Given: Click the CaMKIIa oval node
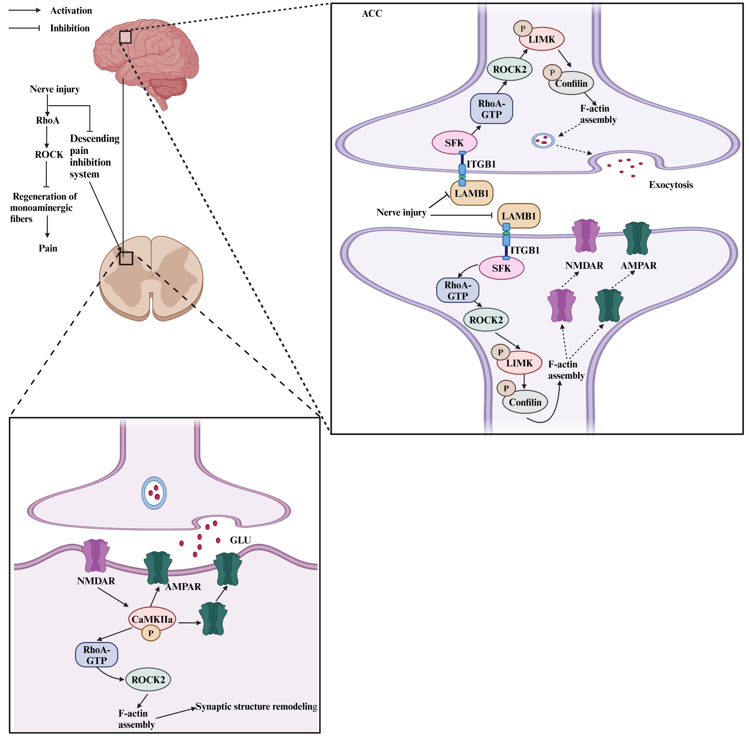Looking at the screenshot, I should [x=152, y=619].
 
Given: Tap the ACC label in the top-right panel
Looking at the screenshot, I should [x=372, y=14].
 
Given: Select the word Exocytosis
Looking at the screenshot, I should [x=671, y=185].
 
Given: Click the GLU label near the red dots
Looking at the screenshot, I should [x=240, y=540].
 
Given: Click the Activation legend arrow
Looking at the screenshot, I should [x=24, y=11].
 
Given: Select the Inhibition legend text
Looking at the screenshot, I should [x=70, y=28].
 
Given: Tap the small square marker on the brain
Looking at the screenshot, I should [x=125, y=37].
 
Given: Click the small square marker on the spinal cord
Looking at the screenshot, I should [x=126, y=258].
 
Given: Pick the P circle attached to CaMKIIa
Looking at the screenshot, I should [x=151, y=633].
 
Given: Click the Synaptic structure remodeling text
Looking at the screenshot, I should [x=256, y=707].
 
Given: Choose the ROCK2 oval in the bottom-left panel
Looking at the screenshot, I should [x=148, y=680].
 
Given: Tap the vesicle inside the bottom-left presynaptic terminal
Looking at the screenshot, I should [x=154, y=493].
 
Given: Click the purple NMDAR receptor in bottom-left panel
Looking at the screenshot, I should [x=95, y=556].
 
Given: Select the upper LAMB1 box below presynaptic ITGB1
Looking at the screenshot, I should [x=471, y=193].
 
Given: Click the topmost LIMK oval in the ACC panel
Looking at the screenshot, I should [x=542, y=39].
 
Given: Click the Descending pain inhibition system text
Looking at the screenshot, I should [x=94, y=156].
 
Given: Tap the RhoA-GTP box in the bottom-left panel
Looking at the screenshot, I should [x=96, y=655].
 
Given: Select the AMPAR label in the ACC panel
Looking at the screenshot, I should [x=639, y=266].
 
